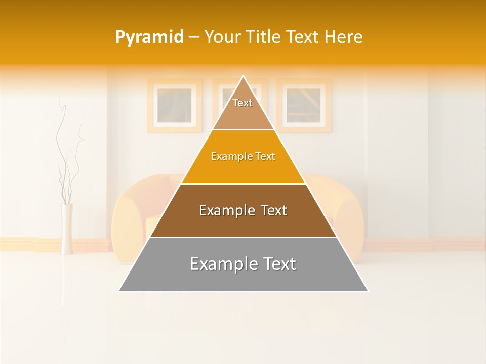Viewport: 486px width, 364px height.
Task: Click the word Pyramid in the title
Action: [149, 37]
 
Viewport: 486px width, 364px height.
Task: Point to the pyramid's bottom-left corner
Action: [119, 291]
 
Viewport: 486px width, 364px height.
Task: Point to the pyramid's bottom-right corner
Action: [368, 291]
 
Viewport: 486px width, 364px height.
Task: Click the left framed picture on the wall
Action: [175, 106]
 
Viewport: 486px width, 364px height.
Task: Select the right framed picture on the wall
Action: [304, 106]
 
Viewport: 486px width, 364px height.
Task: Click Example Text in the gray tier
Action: [243, 264]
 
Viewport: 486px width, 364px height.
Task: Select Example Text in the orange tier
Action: [243, 156]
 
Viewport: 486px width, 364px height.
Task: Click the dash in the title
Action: [193, 37]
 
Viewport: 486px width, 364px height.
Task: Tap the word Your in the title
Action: [223, 37]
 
